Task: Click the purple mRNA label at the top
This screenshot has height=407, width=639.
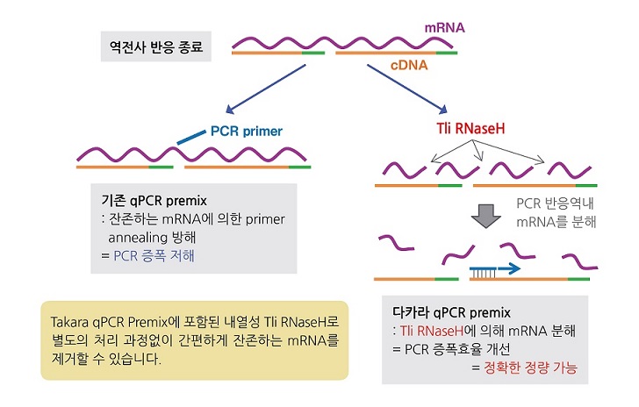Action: tap(445, 28)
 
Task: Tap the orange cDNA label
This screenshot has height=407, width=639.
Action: tap(409, 65)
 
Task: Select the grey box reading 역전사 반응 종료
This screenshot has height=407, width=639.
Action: tap(156, 46)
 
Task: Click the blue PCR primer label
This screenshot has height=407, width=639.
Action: tap(246, 132)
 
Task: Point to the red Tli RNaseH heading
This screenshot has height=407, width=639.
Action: tap(470, 129)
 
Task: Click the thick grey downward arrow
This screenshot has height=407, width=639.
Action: tap(485, 216)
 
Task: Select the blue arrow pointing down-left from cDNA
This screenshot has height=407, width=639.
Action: tap(266, 89)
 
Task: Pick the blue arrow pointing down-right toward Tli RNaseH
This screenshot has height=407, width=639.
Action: tap(407, 89)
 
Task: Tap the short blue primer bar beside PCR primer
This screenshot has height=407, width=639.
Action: tap(191, 138)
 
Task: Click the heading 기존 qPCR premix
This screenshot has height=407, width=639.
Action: tap(154, 201)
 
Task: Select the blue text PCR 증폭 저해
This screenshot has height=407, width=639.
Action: tap(154, 256)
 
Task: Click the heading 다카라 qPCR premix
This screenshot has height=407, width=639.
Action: tap(451, 312)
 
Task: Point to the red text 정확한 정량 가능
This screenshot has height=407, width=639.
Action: tap(530, 368)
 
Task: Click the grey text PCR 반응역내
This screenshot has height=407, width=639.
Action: tap(555, 203)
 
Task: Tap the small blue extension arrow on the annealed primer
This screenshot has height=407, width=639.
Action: tap(509, 268)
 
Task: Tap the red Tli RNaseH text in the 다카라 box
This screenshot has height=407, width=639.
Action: tap(432, 331)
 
